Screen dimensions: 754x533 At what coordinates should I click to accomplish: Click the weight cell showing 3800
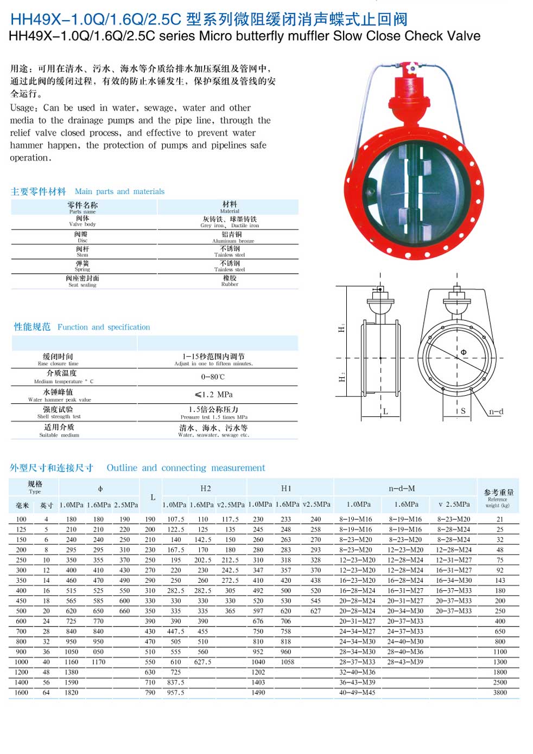coord(500,692)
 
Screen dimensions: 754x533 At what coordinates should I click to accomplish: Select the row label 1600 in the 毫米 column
coord(21,692)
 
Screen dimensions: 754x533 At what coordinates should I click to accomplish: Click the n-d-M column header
coord(402,488)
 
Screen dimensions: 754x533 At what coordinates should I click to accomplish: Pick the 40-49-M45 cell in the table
coord(357,692)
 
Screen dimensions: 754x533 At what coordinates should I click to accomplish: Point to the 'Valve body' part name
coord(83,221)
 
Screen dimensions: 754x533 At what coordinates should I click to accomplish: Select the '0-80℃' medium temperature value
coord(213,377)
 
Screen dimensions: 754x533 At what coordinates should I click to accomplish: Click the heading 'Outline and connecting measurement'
coord(186,468)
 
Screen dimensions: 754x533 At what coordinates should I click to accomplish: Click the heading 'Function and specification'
coord(104,327)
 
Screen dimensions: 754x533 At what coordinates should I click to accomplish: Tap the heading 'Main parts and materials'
coord(119,191)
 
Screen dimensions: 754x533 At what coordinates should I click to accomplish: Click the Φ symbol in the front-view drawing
coord(464,352)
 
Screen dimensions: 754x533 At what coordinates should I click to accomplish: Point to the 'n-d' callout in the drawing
coord(496,411)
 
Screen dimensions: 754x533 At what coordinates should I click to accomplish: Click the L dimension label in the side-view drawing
coord(385,411)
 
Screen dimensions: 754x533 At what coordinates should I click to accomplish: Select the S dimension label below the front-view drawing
coord(463,411)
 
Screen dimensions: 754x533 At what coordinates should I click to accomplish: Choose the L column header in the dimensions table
coord(153,497)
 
